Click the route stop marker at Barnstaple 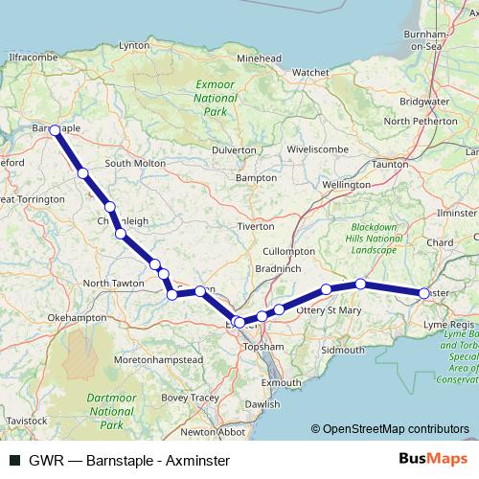pyautogui.click(x=55, y=130)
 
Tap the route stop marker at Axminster pyautogui.click(x=423, y=293)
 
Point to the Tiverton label pyautogui.click(x=257, y=227)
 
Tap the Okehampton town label pyautogui.click(x=73, y=315)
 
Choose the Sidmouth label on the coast pyautogui.click(x=343, y=351)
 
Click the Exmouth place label pyautogui.click(x=281, y=382)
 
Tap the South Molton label pyautogui.click(x=135, y=163)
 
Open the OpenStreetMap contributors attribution pyautogui.click(x=395, y=429)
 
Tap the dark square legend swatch pyautogui.click(x=14, y=460)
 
